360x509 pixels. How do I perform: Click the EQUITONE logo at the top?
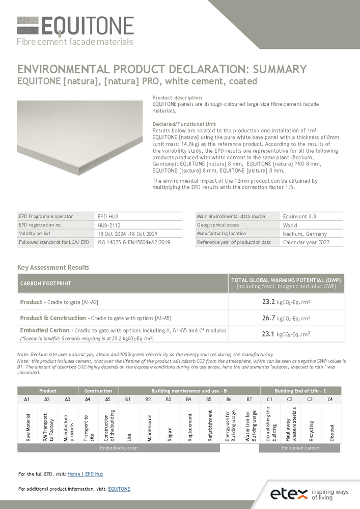[x=75, y=31]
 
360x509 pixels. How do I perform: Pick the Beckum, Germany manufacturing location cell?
[x=305, y=234]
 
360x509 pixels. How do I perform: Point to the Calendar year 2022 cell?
[x=306, y=242]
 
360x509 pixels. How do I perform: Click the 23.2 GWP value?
[x=268, y=302]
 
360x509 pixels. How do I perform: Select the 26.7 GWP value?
[x=268, y=318]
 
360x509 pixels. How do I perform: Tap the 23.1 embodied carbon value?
[x=268, y=334]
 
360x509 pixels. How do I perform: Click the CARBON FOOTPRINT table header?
[x=45, y=283]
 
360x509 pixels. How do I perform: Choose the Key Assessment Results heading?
[x=53, y=267]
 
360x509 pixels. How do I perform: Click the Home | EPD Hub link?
[x=85, y=474]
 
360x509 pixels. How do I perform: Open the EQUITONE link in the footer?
[x=119, y=489]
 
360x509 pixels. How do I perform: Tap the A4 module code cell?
[x=88, y=400]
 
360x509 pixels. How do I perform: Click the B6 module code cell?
[x=229, y=400]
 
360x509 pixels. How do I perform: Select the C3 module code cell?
[x=310, y=400]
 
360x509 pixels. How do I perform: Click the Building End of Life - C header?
[x=300, y=391]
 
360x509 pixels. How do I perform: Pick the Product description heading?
[x=177, y=98]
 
